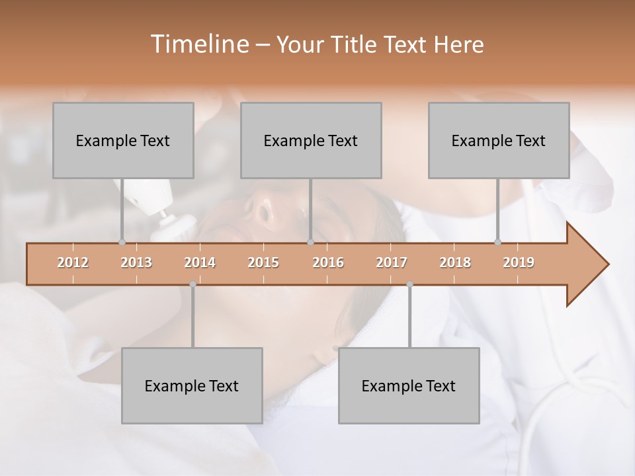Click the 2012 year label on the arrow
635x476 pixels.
click(x=73, y=262)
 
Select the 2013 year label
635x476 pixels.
click(x=136, y=262)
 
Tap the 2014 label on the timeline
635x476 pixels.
click(x=200, y=262)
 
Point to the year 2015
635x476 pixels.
click(x=263, y=262)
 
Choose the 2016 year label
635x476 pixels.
click(x=328, y=262)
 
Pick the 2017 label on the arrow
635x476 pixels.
click(x=392, y=262)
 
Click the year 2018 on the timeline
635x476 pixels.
click(x=455, y=262)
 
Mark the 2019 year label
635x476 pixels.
click(x=519, y=262)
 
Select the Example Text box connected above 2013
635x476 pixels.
click(x=123, y=140)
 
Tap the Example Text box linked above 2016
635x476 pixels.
click(x=311, y=140)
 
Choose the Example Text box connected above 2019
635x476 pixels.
click(x=499, y=140)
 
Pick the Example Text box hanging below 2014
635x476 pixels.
click(x=192, y=385)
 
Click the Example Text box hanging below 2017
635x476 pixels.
click(x=409, y=385)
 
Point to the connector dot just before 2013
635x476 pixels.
click(x=122, y=242)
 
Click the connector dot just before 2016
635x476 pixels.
click(x=310, y=242)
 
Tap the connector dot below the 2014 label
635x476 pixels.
click(x=192, y=284)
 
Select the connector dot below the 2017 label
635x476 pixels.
click(x=409, y=284)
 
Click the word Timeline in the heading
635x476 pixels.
click(x=198, y=44)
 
